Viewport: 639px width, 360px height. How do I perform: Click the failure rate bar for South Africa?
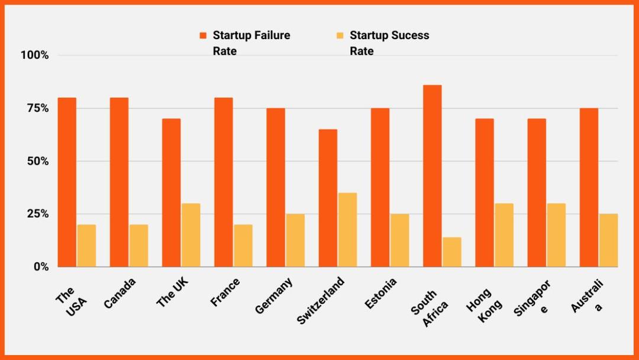click(432, 176)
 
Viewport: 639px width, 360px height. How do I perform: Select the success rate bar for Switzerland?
click(347, 230)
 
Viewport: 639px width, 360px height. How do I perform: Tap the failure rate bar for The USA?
click(67, 182)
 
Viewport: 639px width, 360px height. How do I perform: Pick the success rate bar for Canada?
click(138, 246)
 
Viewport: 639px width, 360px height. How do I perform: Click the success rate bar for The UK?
click(191, 235)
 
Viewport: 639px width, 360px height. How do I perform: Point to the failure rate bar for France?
click(224, 182)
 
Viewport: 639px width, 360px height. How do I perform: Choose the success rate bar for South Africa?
click(451, 252)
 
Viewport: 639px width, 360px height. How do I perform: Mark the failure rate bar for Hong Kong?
click(484, 193)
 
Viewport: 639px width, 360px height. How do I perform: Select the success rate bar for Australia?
click(608, 240)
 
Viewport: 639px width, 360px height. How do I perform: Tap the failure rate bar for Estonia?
click(380, 188)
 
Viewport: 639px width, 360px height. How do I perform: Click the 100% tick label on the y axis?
click(34, 55)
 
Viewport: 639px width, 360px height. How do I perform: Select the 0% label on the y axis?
click(40, 267)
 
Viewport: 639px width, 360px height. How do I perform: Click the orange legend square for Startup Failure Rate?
click(204, 36)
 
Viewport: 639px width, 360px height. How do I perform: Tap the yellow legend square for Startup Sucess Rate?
click(340, 36)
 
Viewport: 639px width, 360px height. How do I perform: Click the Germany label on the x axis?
click(274, 296)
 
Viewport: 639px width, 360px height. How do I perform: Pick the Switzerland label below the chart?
click(319, 300)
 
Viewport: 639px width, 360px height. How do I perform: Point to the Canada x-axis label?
click(120, 292)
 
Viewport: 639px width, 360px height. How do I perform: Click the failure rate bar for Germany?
click(276, 188)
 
